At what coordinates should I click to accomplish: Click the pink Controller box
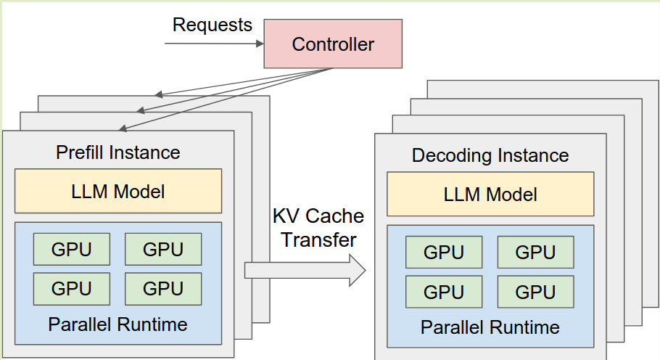(x=333, y=44)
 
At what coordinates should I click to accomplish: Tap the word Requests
(x=212, y=25)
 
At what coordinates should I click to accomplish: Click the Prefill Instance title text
(x=118, y=153)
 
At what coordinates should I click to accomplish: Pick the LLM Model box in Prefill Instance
(x=118, y=192)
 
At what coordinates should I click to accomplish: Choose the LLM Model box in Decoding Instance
(x=490, y=195)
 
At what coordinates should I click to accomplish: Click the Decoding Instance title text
(x=490, y=156)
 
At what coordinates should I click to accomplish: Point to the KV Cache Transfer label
(x=317, y=227)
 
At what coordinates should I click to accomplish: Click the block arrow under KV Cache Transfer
(x=305, y=270)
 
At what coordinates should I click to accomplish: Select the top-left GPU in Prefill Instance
(x=72, y=249)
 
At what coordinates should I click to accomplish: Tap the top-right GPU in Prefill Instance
(x=163, y=249)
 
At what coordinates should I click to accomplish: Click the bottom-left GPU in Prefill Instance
(x=72, y=288)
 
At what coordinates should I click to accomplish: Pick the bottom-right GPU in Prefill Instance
(x=163, y=288)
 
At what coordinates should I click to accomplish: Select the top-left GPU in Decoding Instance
(x=444, y=253)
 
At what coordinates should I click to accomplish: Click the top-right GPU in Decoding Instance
(x=535, y=253)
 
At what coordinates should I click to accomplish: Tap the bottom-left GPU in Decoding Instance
(x=444, y=292)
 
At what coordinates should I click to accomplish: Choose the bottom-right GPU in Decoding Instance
(x=535, y=292)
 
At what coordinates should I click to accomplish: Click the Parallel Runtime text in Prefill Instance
(x=118, y=324)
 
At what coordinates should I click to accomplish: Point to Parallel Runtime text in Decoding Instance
(x=490, y=327)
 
